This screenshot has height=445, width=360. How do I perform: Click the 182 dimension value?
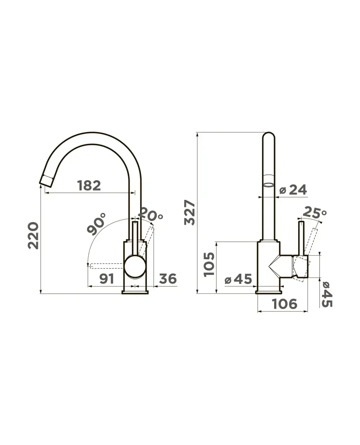pos(89,185)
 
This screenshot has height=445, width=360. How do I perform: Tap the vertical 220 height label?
pos(33,236)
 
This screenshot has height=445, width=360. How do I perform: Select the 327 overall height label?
pos(189,212)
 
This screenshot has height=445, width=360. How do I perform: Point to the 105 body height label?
pos(209,265)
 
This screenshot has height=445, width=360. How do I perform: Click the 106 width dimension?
pos(284,304)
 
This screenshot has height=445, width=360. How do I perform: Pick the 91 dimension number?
pos(107,279)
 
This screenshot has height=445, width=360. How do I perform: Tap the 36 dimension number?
pos(168,279)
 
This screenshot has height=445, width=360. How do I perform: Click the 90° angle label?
pos(96,224)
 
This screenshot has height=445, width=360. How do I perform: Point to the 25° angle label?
pos(315,213)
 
